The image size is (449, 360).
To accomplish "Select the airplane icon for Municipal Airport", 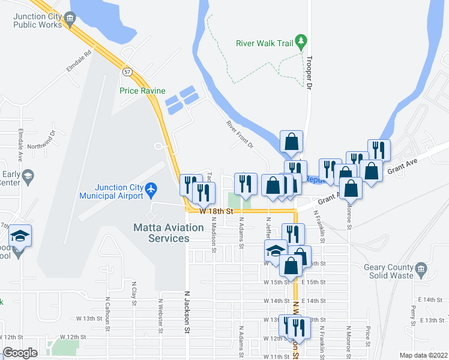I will pos(151,190).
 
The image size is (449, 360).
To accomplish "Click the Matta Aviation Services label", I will pos(169,233).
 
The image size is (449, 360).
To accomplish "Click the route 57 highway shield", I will pos(127,71).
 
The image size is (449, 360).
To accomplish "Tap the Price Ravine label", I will pos(142,91).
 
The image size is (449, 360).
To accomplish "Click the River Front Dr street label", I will pos(240,135).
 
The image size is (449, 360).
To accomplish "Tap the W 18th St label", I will pos(215,211).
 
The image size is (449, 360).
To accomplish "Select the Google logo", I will pos(20,353).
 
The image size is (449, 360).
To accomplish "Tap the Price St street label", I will pos(367,336).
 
